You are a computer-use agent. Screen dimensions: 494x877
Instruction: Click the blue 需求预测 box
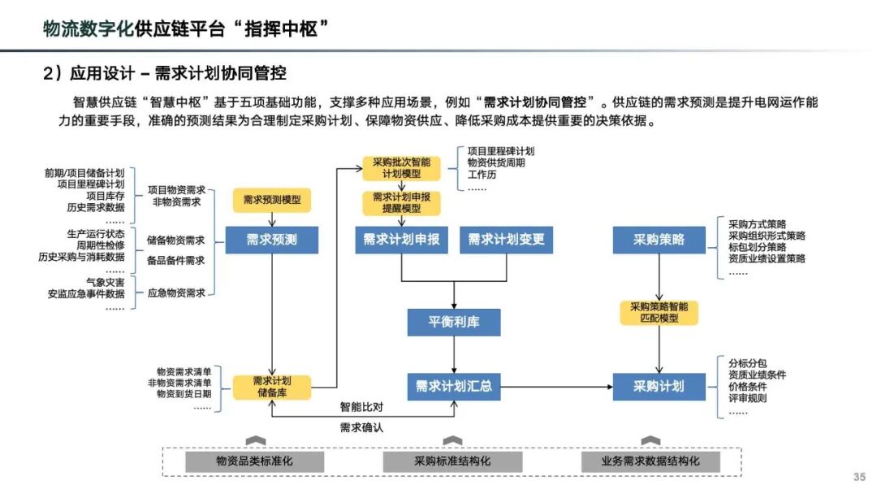pos(272,240)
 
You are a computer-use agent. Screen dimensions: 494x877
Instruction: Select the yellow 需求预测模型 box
pos(272,200)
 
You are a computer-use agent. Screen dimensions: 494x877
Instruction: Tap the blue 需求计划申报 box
pos(401,240)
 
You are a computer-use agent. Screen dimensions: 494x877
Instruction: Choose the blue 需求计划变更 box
pos(506,240)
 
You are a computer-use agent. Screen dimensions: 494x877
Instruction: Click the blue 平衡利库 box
pos(454,322)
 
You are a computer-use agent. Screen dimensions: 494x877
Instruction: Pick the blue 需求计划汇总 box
pos(454,386)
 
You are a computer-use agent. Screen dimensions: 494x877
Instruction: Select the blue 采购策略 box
pos(659,240)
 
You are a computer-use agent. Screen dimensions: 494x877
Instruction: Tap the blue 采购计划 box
pos(659,386)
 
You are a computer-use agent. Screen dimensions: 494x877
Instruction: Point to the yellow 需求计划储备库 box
pos(272,387)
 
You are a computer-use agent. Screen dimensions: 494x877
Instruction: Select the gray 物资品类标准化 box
pos(254,461)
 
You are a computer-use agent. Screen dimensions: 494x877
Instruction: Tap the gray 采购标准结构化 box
pos(452,461)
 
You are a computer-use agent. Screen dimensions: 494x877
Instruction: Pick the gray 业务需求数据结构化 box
pos(650,461)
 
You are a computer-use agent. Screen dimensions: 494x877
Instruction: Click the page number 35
pos(859,477)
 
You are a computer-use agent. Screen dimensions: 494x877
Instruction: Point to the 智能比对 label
pos(361,405)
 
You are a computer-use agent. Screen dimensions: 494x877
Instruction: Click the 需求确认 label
pos(361,427)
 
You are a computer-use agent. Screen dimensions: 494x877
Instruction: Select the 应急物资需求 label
pos(176,293)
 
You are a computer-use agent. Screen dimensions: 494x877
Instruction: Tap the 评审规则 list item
pos(747,398)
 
